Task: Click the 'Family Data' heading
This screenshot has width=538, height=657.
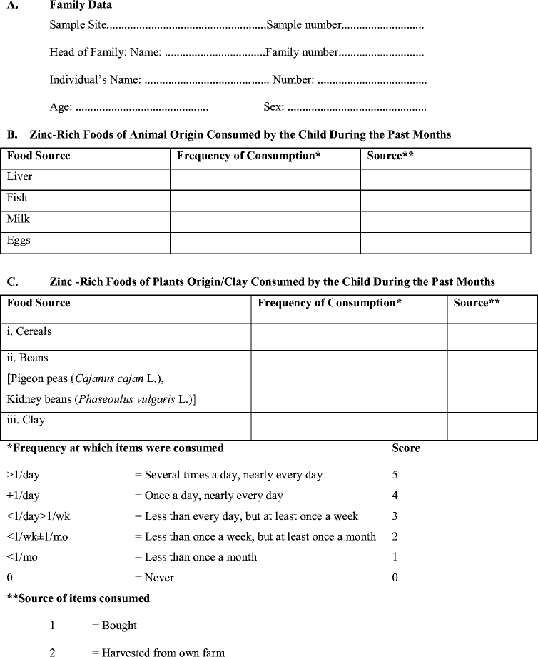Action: [81, 5]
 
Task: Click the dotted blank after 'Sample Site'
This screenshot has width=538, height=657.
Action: [186, 26]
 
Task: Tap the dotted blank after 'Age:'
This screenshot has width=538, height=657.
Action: [141, 108]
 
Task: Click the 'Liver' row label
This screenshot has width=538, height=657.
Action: [19, 176]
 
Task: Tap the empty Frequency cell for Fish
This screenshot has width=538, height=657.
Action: [265, 200]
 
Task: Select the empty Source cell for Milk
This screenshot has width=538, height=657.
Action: [445, 221]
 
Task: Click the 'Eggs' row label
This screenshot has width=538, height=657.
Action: [19, 241]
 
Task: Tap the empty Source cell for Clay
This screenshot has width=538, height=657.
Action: [492, 426]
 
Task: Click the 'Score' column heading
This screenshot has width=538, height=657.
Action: [406, 448]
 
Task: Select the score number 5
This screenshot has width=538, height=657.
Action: [395, 475]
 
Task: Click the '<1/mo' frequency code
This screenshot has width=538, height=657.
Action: [22, 557]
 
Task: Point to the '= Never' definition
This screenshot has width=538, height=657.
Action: [154, 578]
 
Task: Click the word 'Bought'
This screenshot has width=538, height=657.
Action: [119, 626]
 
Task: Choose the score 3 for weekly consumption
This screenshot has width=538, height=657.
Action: [395, 516]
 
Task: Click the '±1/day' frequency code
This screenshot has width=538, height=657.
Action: [24, 496]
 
